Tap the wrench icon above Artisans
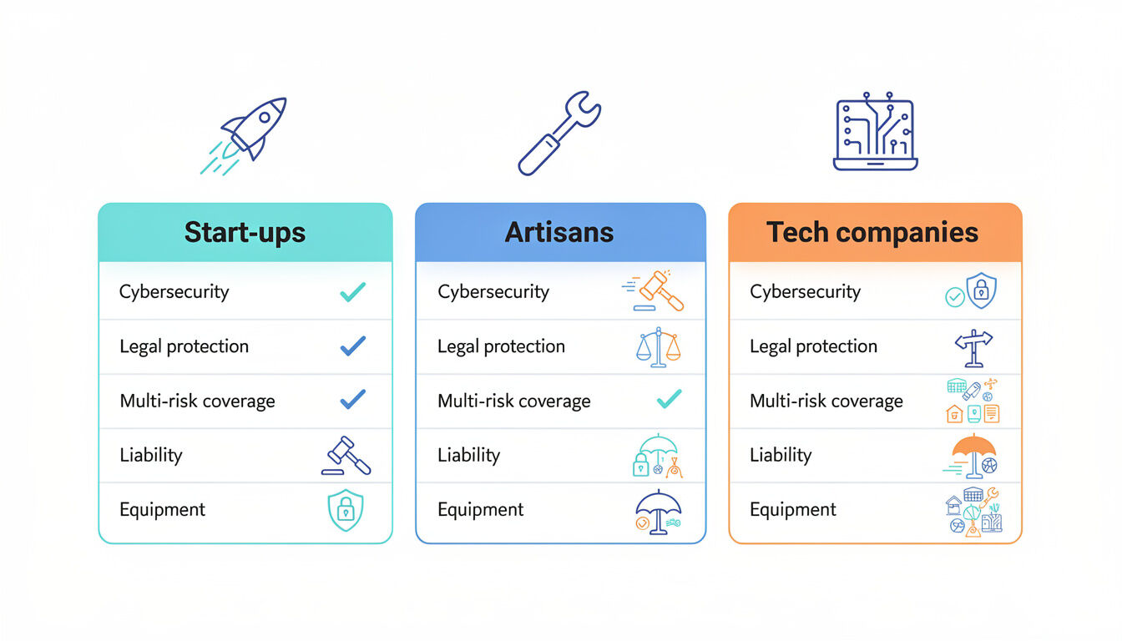point(558,134)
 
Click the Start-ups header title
point(245,232)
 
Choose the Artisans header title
point(559,232)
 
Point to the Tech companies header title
point(872,232)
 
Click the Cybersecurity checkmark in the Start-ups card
point(352,292)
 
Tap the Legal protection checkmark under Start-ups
point(352,346)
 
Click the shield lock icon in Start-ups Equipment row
point(345,510)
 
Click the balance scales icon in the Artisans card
point(658,347)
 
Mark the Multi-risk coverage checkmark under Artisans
point(669,401)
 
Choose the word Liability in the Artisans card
point(468,456)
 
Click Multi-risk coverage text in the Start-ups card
point(197,401)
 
